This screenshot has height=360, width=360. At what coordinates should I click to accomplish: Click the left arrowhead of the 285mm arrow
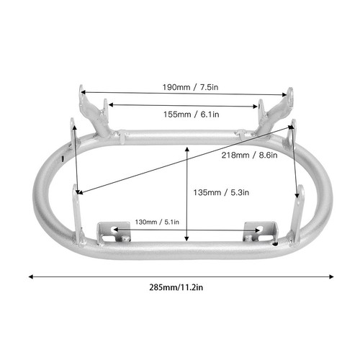click(x=30, y=275)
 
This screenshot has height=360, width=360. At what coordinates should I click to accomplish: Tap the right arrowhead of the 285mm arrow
click(x=332, y=275)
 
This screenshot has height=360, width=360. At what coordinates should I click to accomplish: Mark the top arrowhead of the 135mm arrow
click(x=187, y=147)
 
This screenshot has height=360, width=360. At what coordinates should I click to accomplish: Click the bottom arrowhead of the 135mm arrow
click(x=187, y=240)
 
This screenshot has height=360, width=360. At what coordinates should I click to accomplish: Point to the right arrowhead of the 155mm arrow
click(x=258, y=105)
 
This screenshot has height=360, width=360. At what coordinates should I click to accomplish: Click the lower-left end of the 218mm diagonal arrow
click(x=78, y=193)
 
